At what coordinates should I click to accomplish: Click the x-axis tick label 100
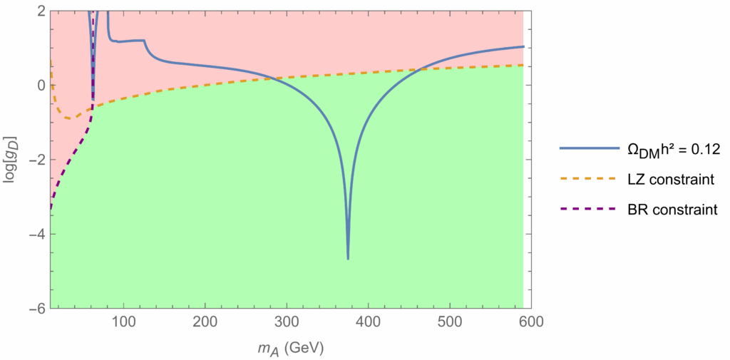pyautogui.click(x=123, y=322)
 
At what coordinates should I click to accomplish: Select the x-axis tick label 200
pyautogui.click(x=205, y=322)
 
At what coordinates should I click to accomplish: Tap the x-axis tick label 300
pyautogui.click(x=286, y=322)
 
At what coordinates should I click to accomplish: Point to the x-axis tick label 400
pyautogui.click(x=368, y=322)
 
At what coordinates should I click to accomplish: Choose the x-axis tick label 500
pyautogui.click(x=449, y=322)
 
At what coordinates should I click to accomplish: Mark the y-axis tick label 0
pyautogui.click(x=41, y=86)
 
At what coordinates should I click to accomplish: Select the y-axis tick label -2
pyautogui.click(x=37, y=160)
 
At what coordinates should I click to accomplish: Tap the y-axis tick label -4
pyautogui.click(x=37, y=235)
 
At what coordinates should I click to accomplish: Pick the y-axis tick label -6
pyautogui.click(x=37, y=309)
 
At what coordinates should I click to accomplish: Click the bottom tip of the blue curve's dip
pyautogui.click(x=348, y=259)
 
